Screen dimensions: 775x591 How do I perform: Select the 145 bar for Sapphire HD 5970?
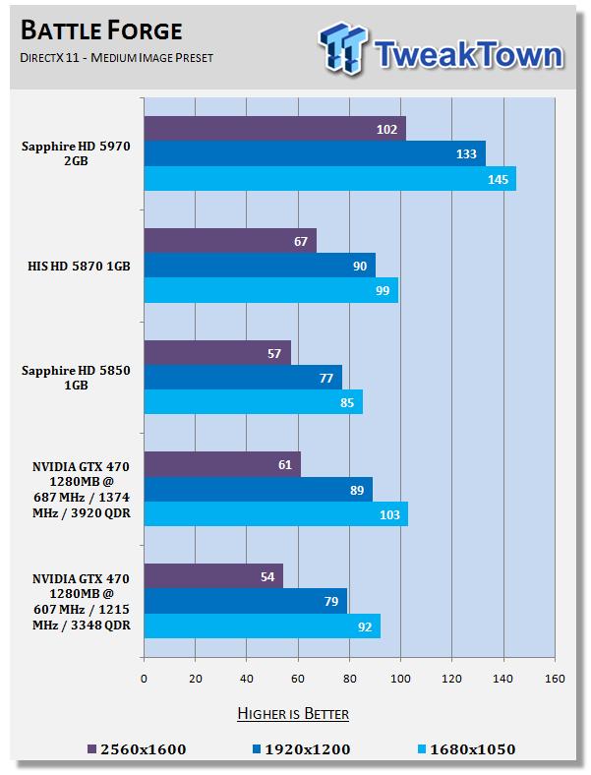tap(329, 178)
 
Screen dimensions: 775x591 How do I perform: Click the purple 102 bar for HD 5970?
tap(274, 129)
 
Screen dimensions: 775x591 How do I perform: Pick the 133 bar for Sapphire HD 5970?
tap(315, 153)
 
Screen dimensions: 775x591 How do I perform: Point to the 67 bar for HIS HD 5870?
tap(230, 240)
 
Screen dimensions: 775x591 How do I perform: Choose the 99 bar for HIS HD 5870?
tap(270, 290)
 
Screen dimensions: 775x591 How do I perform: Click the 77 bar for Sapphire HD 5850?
tap(243, 377)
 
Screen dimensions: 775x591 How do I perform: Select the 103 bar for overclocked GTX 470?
tap(275, 513)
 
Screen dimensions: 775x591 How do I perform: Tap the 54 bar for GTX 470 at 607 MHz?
tap(213, 575)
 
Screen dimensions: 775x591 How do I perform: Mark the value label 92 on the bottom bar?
tap(365, 626)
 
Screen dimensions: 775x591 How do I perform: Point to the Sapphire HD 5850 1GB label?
tap(76, 377)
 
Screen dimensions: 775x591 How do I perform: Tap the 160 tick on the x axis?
tap(555, 678)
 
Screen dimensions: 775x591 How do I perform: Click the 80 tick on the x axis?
tap(349, 678)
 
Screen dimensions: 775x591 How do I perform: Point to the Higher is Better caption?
tap(292, 713)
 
